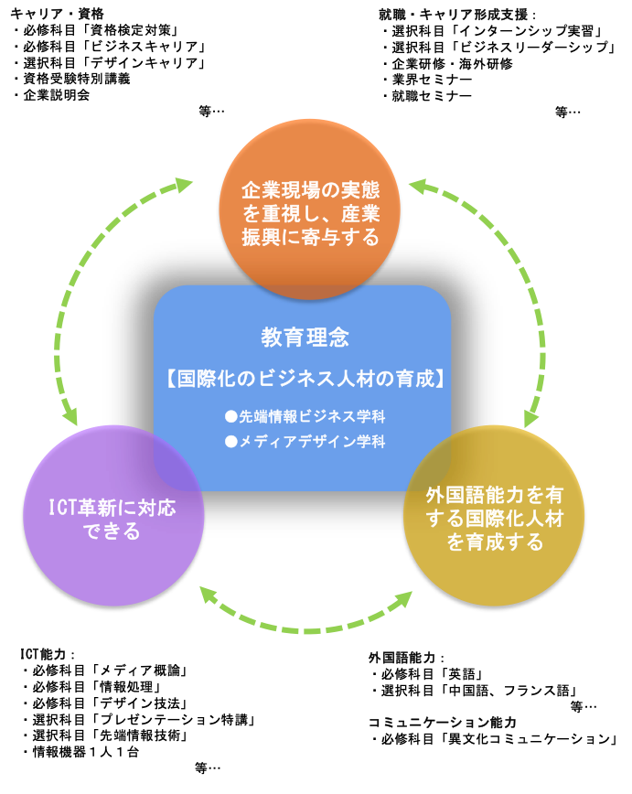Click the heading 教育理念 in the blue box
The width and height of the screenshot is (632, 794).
coord(305,338)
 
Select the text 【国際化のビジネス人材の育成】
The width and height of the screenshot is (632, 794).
coord(305,379)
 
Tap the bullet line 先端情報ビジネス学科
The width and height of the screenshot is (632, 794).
coord(312,416)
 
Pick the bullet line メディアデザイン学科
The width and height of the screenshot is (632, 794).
coord(312,441)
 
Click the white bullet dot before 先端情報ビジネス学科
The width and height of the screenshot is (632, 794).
coord(231,416)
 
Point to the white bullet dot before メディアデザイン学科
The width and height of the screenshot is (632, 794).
coord(231,441)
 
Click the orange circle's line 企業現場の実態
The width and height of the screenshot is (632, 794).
coord(310,190)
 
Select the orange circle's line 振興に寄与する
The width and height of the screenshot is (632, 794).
coord(310,238)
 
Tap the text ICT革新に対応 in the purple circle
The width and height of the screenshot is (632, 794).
coord(112,508)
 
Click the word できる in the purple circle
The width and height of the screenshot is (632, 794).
coord(112,531)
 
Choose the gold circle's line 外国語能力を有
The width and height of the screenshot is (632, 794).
coord(494,495)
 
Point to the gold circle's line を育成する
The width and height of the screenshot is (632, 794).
coord(494,542)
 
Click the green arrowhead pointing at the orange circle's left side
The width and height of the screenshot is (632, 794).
coord(184,185)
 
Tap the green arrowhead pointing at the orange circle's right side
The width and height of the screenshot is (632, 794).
coord(417,186)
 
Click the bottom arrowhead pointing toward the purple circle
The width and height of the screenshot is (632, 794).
coord(208,595)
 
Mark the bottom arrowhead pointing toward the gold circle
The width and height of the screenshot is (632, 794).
coord(403,599)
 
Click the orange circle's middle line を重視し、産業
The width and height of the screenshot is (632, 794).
coord(310,214)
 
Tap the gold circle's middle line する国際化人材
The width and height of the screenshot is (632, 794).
coord(494,519)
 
